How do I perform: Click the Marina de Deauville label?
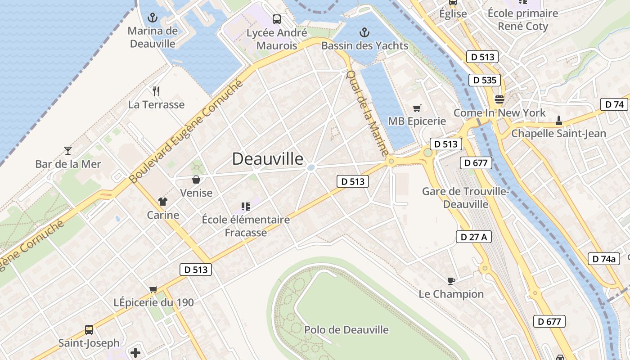[153, 37]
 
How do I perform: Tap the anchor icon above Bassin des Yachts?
[364, 32]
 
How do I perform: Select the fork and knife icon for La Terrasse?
[156, 91]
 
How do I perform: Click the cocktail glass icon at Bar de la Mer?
[68, 150]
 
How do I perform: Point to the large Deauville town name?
[268, 159]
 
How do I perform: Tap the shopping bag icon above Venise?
[196, 180]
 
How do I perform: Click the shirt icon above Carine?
[163, 202]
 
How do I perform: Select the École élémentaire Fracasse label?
[246, 226]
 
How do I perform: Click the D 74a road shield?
[603, 259]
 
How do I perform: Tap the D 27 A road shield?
[473, 237]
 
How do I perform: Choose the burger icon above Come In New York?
[499, 99]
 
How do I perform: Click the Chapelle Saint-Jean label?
[558, 133]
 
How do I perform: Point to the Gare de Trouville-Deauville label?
[466, 198]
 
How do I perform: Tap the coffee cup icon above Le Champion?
[451, 281]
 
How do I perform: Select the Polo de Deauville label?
[346, 330]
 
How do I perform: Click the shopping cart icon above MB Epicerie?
[417, 108]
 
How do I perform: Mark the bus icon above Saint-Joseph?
[89, 330]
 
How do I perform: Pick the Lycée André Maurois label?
[277, 39]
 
